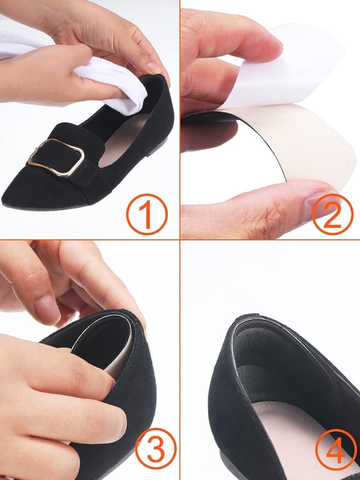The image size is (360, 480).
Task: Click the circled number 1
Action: [147, 214]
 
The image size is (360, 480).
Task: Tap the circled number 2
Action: [332, 214]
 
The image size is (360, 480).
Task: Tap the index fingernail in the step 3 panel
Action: [47, 309]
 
